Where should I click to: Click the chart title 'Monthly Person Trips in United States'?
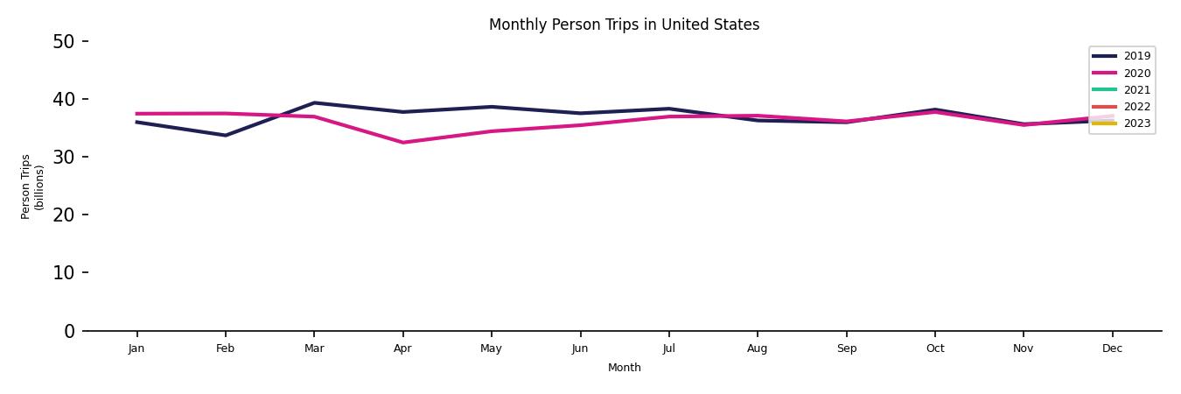[x=624, y=25]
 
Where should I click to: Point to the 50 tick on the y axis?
[x=65, y=41]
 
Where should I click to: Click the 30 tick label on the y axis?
[x=65, y=157]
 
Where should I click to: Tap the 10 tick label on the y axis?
[x=65, y=272]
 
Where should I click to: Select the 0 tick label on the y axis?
[x=70, y=331]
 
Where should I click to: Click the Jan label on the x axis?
[x=136, y=348]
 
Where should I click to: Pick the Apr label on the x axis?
[x=402, y=348]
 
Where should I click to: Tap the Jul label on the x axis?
[x=668, y=348]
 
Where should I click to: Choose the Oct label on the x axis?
[x=934, y=348]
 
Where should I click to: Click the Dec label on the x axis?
[x=1112, y=348]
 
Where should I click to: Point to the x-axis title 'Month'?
[x=625, y=368]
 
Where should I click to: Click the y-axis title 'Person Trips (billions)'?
[x=32, y=186]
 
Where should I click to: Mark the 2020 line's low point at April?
[x=402, y=143]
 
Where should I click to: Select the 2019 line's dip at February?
[x=226, y=136]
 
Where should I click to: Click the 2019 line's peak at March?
[x=314, y=102]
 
